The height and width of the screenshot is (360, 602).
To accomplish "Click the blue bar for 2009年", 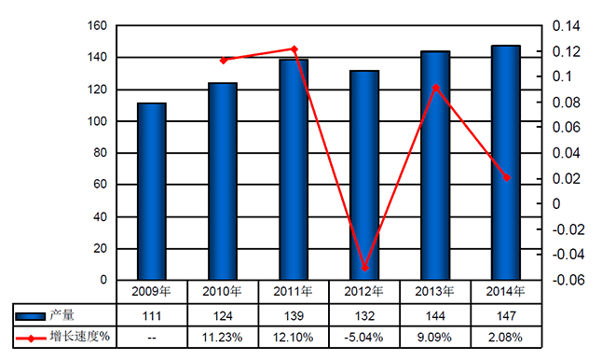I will (152, 191).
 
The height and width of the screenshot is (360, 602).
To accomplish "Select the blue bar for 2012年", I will (363, 175).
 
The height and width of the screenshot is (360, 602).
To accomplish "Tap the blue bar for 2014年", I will (505, 162).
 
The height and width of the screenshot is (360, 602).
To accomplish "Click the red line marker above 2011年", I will (294, 48).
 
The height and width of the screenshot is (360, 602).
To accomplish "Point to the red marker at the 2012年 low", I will (365, 268).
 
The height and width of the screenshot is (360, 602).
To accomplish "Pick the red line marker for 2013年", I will (435, 88).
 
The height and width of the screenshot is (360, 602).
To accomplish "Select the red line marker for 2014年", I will (507, 177).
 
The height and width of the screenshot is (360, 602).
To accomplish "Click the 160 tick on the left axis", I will (97, 26).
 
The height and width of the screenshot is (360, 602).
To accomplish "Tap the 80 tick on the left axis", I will (100, 153).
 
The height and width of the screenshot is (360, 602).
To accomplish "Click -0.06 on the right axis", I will (567, 280).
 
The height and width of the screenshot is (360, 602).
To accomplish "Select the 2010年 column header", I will (223, 291).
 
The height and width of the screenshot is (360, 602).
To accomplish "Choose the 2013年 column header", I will (435, 291).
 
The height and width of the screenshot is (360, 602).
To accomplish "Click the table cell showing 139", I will (294, 314).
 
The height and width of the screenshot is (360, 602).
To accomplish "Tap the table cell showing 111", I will (152, 314).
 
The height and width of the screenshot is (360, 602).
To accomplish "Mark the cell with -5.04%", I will (364, 336).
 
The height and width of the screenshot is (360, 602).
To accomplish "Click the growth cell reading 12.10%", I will (294, 336).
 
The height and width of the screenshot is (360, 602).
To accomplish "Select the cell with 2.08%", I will (506, 336).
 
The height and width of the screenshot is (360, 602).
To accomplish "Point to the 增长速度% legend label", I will (84, 336).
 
